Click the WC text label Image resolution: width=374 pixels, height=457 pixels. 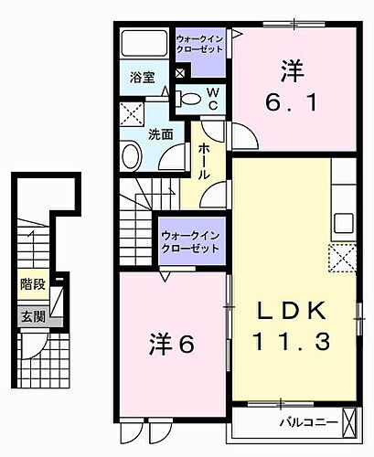click(x=210, y=97)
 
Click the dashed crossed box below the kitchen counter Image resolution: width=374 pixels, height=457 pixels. click(x=343, y=259)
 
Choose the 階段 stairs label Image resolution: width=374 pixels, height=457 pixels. click(x=33, y=285)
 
